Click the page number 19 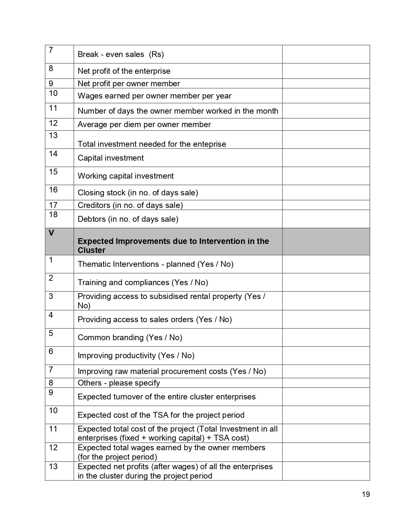click(x=366, y=494)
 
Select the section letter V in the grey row click(x=51, y=233)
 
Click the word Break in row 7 click(x=88, y=54)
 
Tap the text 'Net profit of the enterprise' click(x=124, y=71)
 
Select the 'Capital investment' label click(x=111, y=158)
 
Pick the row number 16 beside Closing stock click(x=53, y=190)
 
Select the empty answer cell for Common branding click(x=326, y=337)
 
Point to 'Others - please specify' click(x=119, y=383)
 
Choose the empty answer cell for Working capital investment click(x=326, y=176)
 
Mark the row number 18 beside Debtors click(x=53, y=215)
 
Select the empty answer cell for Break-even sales click(x=326, y=54)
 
